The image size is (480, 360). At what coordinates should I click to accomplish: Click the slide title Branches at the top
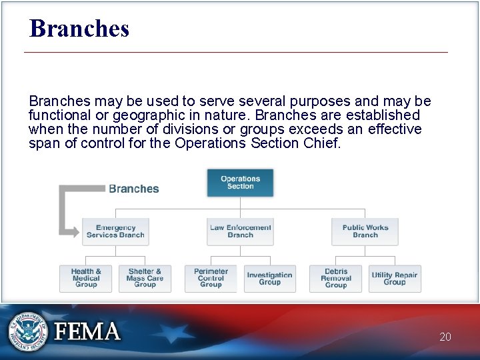(x=79, y=29)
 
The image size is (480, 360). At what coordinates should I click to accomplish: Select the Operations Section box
(x=240, y=183)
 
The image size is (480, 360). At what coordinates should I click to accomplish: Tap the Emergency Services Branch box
(x=115, y=231)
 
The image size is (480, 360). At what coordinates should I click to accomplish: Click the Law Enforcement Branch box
(x=240, y=231)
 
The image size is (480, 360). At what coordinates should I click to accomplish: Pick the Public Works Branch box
(x=365, y=231)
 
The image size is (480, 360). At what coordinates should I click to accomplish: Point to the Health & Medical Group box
(x=86, y=279)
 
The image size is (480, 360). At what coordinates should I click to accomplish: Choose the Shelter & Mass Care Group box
(x=145, y=279)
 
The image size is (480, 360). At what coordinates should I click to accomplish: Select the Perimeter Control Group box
(x=211, y=279)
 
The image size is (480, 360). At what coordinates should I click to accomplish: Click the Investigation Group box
(x=269, y=279)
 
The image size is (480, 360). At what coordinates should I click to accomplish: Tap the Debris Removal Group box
(x=336, y=279)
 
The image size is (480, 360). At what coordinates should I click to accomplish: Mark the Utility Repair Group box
(x=395, y=279)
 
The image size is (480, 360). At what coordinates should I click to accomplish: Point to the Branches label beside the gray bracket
(x=134, y=189)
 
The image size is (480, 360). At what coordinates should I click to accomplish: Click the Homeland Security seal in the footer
(x=27, y=331)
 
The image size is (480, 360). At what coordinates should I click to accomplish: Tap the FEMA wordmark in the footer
(x=87, y=331)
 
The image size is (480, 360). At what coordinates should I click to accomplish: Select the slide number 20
(x=445, y=337)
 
